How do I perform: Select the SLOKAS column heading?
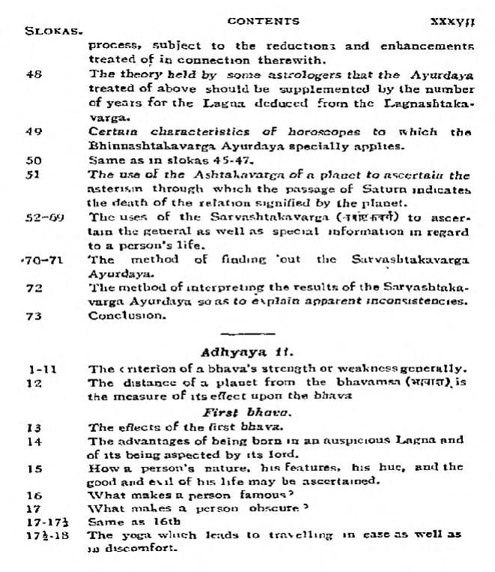coord(53,32)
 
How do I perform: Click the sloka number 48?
coord(33,74)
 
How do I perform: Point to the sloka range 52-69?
coord(42,217)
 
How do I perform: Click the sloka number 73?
coord(33,315)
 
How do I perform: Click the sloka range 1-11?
coord(42,369)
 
